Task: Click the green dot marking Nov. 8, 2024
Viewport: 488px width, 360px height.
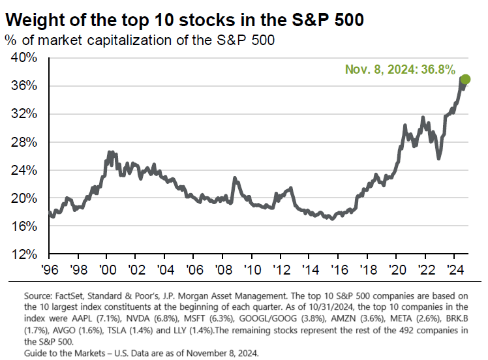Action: pyautogui.click(x=465, y=80)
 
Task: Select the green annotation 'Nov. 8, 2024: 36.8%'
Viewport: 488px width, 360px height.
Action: pyautogui.click(x=399, y=68)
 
